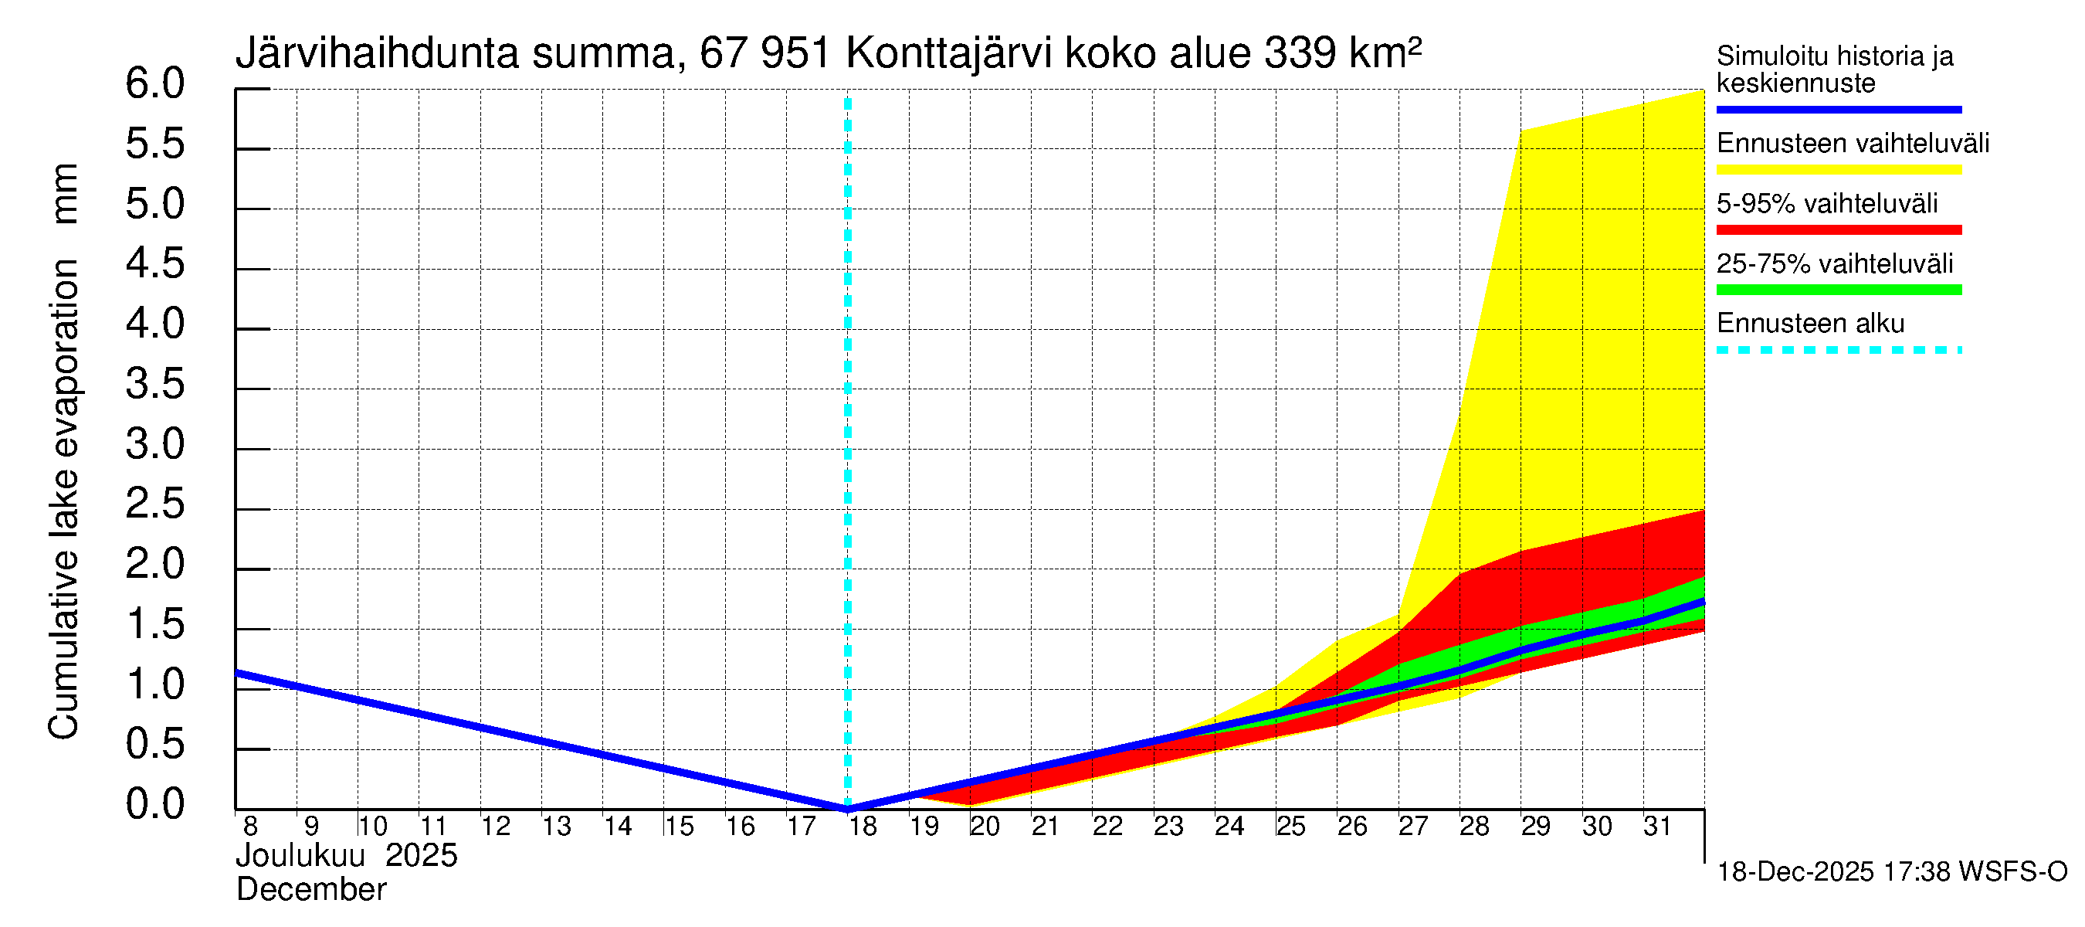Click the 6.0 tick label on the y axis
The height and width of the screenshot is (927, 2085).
click(x=154, y=84)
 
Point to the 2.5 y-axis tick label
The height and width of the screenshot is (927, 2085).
click(x=154, y=505)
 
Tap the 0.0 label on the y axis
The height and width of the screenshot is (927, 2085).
click(x=154, y=805)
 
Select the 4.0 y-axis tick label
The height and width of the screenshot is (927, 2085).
click(x=154, y=324)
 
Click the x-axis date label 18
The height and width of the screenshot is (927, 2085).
click(x=863, y=827)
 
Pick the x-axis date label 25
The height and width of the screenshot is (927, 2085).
click(x=1291, y=827)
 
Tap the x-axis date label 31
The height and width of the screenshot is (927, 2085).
click(x=1658, y=827)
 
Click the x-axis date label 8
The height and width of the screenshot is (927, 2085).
click(x=250, y=827)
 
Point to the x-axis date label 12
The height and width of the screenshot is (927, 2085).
click(x=495, y=827)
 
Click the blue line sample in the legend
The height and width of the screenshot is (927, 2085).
click(x=1838, y=109)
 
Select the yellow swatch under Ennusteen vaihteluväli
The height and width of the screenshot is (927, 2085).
click(x=1838, y=170)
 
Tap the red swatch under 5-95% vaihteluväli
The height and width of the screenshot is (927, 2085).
click(x=1838, y=230)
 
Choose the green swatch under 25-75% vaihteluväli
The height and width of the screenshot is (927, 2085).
click(x=1838, y=290)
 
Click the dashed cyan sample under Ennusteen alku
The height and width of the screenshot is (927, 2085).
click(x=1838, y=351)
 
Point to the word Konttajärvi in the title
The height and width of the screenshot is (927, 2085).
click(x=949, y=53)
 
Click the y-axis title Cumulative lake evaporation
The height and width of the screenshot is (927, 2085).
click(x=63, y=498)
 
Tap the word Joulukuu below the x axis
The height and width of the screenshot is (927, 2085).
click(x=300, y=856)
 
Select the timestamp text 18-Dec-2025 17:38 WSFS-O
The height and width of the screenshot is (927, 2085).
click(x=1891, y=872)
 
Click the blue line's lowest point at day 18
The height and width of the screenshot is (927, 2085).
click(x=847, y=808)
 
